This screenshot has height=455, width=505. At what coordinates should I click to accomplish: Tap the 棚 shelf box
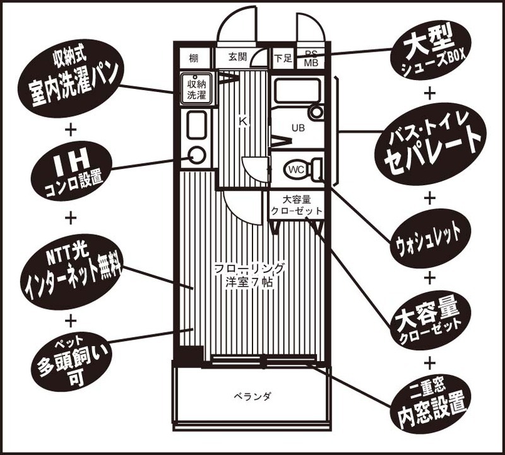pyautogui.click(x=194, y=59)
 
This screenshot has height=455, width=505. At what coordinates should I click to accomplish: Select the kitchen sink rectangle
pyautogui.click(x=196, y=124)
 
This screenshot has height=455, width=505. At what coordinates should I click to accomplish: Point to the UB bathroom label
pyautogui.click(x=297, y=127)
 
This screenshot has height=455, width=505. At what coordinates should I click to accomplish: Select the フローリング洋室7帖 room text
pyautogui.click(x=249, y=275)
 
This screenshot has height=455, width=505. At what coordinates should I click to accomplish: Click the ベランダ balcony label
pyautogui.click(x=252, y=396)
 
